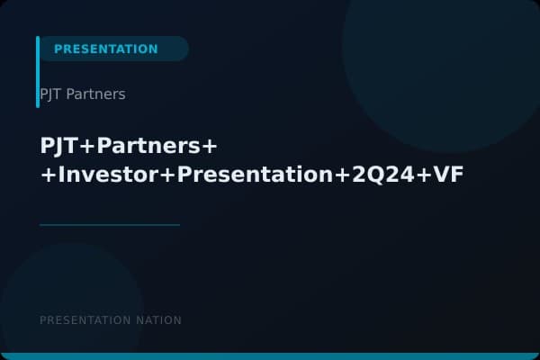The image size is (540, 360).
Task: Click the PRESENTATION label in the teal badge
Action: pyautogui.click(x=105, y=49)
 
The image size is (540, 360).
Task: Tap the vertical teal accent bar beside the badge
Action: pyautogui.click(x=38, y=72)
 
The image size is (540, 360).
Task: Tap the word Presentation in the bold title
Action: pyautogui.click(x=255, y=175)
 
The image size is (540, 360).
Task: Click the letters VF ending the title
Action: pyautogui.click(x=448, y=175)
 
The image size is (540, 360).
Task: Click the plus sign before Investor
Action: pyautogui.click(x=48, y=175)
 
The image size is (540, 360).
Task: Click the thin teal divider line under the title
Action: pyautogui.click(x=110, y=225)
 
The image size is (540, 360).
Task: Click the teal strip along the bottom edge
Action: pyautogui.click(x=270, y=356)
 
